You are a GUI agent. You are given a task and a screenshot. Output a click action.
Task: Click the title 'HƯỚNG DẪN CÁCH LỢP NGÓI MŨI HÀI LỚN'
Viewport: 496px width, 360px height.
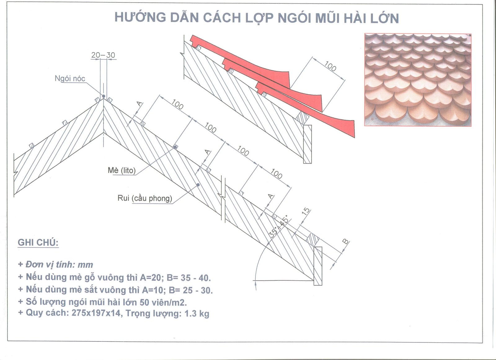pos(257,18)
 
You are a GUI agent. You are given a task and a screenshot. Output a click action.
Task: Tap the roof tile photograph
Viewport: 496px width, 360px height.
pos(418,80)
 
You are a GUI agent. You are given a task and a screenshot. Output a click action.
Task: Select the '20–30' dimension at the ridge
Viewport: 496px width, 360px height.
pos(103,55)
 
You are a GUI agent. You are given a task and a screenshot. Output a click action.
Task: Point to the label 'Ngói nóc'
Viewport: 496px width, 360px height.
pos(70,79)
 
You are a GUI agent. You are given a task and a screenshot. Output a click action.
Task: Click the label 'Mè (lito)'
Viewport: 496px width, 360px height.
pos(122,170)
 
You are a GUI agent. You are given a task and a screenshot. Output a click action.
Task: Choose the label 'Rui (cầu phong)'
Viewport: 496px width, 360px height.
pos(144,198)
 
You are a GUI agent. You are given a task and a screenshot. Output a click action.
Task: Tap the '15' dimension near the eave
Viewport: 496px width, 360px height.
pos(306,212)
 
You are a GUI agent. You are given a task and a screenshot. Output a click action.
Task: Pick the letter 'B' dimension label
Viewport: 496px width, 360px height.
pos(345,241)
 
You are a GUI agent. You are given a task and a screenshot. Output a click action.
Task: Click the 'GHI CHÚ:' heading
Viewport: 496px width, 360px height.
pos(38,242)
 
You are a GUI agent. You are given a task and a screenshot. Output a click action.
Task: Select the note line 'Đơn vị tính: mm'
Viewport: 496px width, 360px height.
pos(56,265)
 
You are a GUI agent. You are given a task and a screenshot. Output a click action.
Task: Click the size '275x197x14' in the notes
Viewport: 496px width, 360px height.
pos(96,313)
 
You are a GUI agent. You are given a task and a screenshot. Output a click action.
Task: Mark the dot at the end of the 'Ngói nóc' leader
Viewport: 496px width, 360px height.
pos(104,96)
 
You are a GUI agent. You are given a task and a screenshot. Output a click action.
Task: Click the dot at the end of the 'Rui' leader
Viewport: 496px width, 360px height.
pos(198,185)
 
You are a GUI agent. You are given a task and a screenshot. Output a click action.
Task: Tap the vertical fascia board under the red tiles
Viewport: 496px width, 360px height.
pos(307,144)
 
